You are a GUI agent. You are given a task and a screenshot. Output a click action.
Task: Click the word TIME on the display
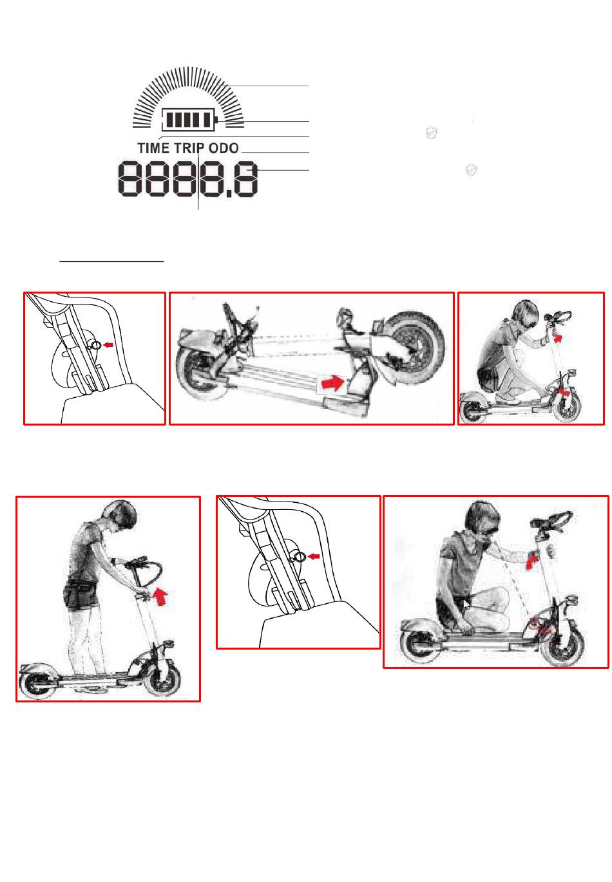coord(154,149)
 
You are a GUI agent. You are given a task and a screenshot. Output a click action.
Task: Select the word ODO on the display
coord(224,149)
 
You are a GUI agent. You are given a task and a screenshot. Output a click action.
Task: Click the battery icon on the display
coord(189,119)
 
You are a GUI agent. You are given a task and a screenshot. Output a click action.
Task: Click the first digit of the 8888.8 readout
coord(130,178)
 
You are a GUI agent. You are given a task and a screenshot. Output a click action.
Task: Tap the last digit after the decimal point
coord(245,178)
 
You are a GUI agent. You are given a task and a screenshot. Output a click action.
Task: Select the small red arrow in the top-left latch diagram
coord(108,345)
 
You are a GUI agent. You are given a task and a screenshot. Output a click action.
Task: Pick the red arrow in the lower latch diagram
coord(314,556)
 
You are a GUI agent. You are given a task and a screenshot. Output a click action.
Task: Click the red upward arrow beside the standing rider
coord(160,596)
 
